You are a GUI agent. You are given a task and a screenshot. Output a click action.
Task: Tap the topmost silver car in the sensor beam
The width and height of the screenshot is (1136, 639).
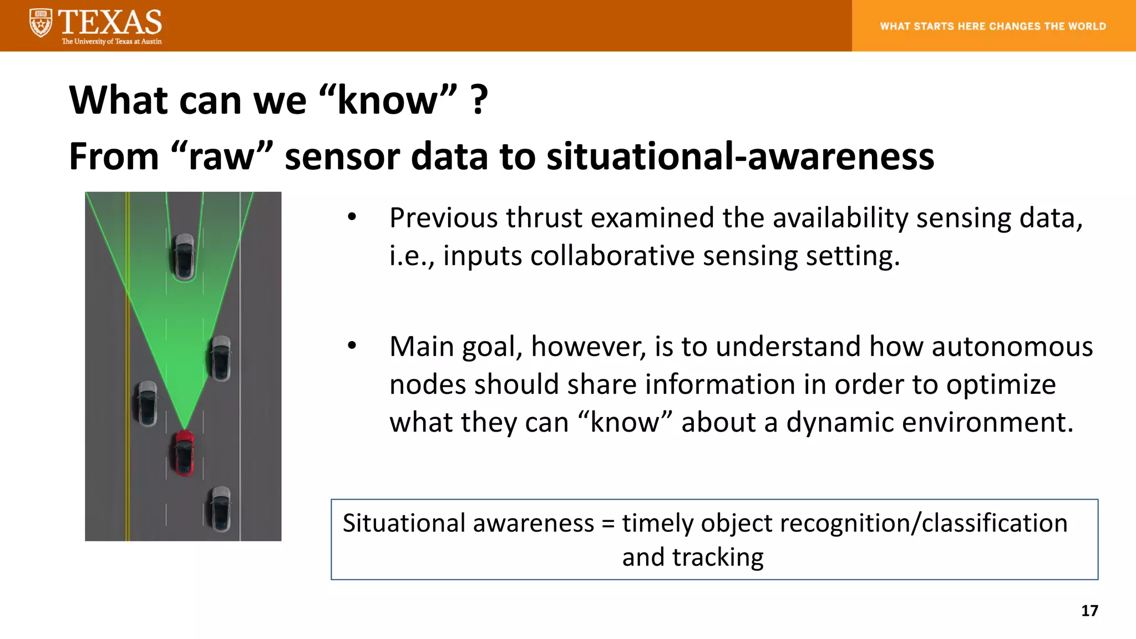[x=184, y=256]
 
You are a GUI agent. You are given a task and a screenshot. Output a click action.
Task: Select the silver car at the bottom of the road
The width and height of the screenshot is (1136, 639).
[x=220, y=509]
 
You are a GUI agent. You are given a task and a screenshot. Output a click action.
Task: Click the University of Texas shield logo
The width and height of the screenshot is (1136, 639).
[x=40, y=23]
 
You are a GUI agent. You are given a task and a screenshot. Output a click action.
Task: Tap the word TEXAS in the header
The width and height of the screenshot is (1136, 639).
[x=110, y=22]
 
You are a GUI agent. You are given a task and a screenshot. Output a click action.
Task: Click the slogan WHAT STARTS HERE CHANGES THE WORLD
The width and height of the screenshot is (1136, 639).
[x=993, y=26]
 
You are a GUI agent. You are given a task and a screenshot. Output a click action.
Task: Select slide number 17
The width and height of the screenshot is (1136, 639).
[x=1089, y=611]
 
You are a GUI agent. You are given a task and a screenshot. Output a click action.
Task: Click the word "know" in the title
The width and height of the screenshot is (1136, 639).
[x=388, y=100]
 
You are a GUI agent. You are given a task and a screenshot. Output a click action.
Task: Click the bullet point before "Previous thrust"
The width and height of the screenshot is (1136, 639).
[x=352, y=217]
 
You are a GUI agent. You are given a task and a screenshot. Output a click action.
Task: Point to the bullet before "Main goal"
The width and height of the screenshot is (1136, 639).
[x=352, y=346]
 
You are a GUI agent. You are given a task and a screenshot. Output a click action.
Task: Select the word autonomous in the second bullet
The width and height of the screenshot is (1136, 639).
[x=1012, y=347]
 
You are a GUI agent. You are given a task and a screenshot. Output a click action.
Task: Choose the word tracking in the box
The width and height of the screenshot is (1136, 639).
[x=717, y=557]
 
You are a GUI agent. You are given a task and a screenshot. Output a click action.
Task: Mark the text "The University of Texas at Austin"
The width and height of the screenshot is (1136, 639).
[x=111, y=42]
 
